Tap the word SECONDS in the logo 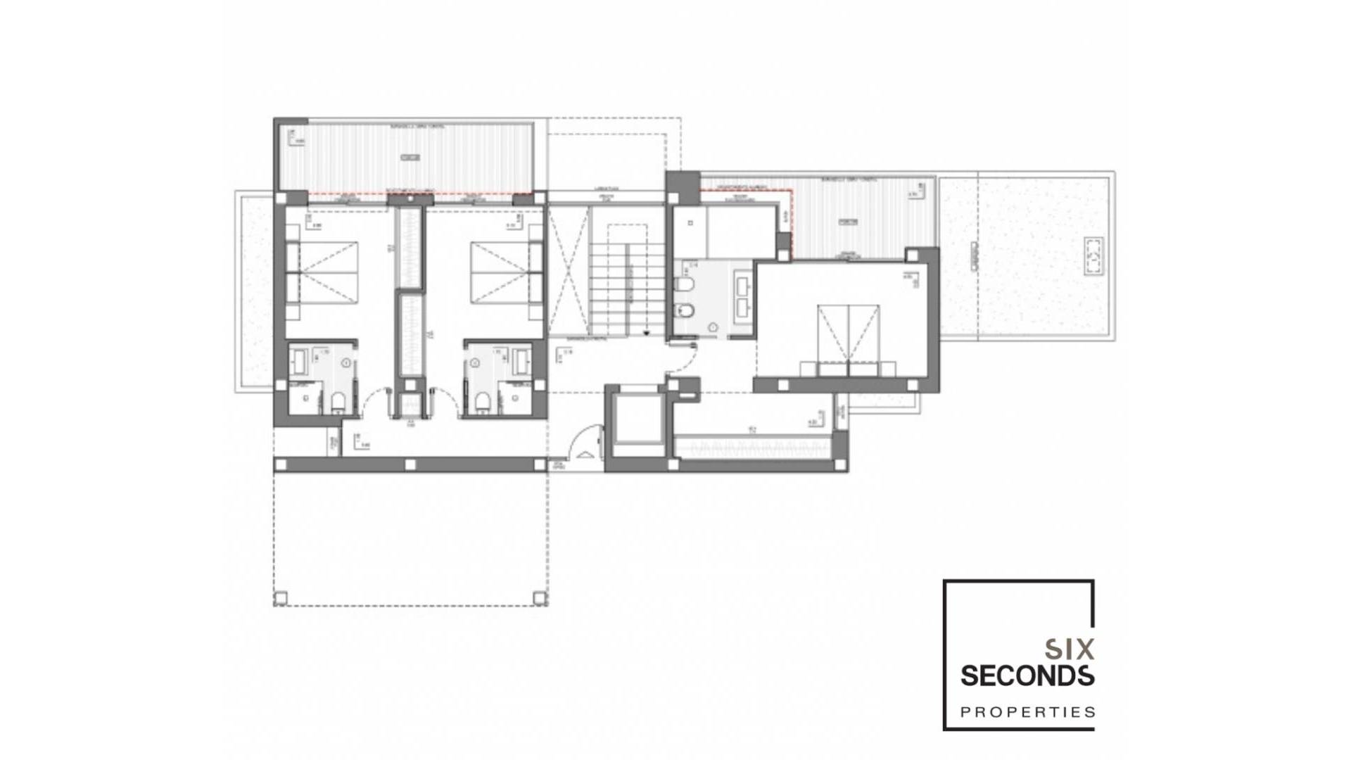tap(1027, 676)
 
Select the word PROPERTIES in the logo tap(1027, 711)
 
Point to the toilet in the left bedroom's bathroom tap(338, 402)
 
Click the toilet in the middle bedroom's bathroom tap(483, 402)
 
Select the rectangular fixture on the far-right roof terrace tap(1093, 257)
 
